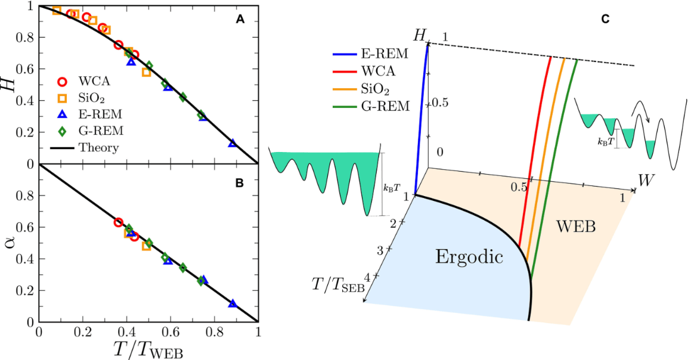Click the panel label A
click(x=240, y=19)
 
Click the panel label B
click(x=240, y=183)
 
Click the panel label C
click(x=605, y=20)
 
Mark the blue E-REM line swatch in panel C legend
click(x=345, y=54)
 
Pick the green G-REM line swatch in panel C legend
click(x=345, y=107)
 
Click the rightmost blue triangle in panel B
click(x=233, y=304)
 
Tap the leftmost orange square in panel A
click(x=57, y=10)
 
